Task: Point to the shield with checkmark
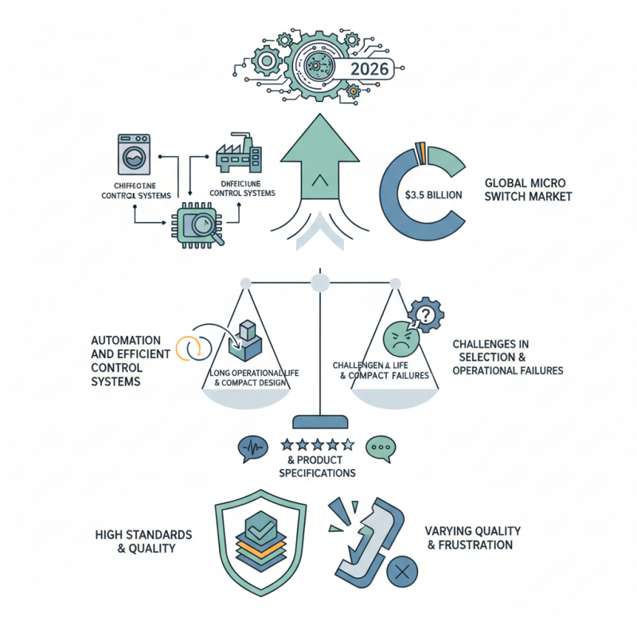[x=260, y=537]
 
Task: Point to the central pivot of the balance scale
[x=318, y=283]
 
